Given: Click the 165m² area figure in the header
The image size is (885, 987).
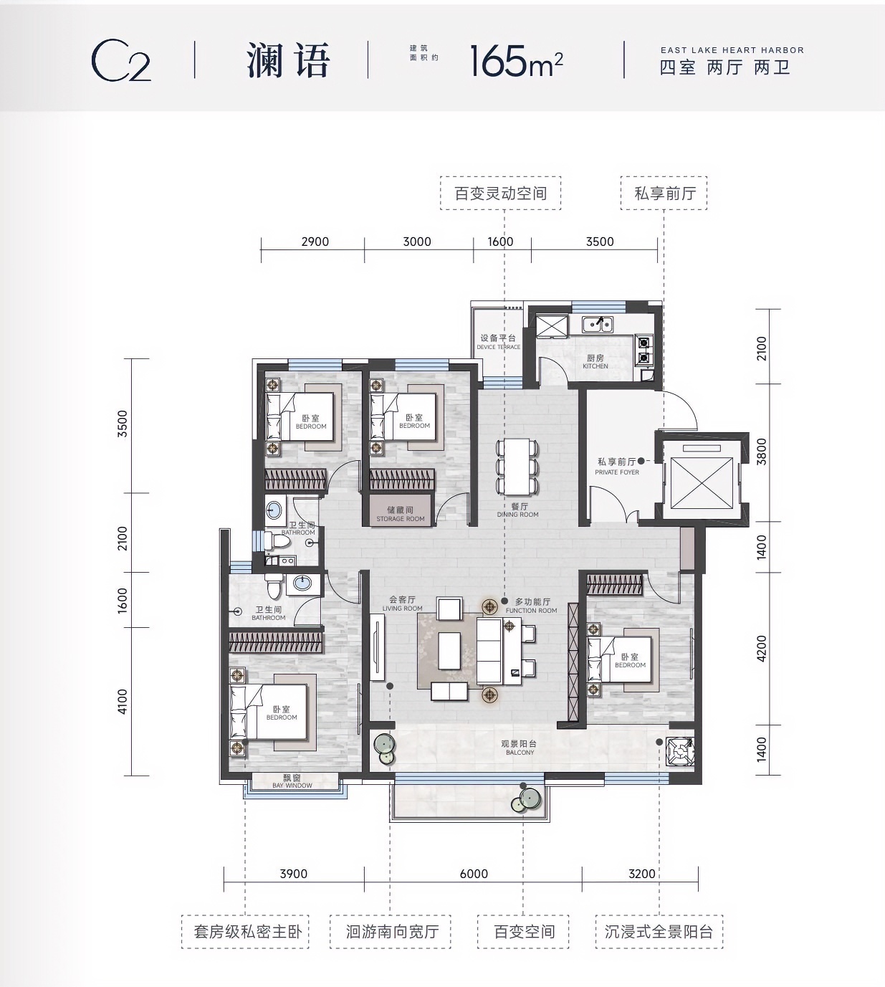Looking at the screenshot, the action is (517, 61).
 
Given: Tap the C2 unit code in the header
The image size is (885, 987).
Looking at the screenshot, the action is (121, 62).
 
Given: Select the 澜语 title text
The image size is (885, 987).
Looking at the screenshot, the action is (288, 60).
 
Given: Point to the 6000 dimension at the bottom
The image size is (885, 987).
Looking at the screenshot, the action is (474, 874).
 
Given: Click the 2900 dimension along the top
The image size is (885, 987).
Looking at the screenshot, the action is (315, 242).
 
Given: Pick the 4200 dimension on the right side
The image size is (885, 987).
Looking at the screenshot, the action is (762, 649).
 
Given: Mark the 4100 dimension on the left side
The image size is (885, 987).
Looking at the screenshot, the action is (123, 702).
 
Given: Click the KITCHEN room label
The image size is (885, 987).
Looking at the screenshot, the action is (595, 366).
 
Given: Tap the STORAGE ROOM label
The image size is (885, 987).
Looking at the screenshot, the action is (401, 519).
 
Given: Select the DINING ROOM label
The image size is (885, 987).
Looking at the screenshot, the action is (518, 515).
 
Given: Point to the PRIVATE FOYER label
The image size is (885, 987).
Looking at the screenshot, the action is (616, 472).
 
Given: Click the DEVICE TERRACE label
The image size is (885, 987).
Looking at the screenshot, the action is (498, 347).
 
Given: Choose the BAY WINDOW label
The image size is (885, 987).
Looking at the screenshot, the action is (292, 786).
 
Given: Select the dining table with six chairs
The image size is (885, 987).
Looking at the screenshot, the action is (517, 466).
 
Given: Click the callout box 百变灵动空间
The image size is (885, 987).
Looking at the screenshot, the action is (501, 194).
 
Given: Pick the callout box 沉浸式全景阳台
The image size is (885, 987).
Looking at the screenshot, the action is (659, 932).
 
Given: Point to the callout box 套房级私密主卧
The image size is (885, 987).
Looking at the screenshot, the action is (245, 932).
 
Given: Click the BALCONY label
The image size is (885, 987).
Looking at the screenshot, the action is (520, 752).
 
